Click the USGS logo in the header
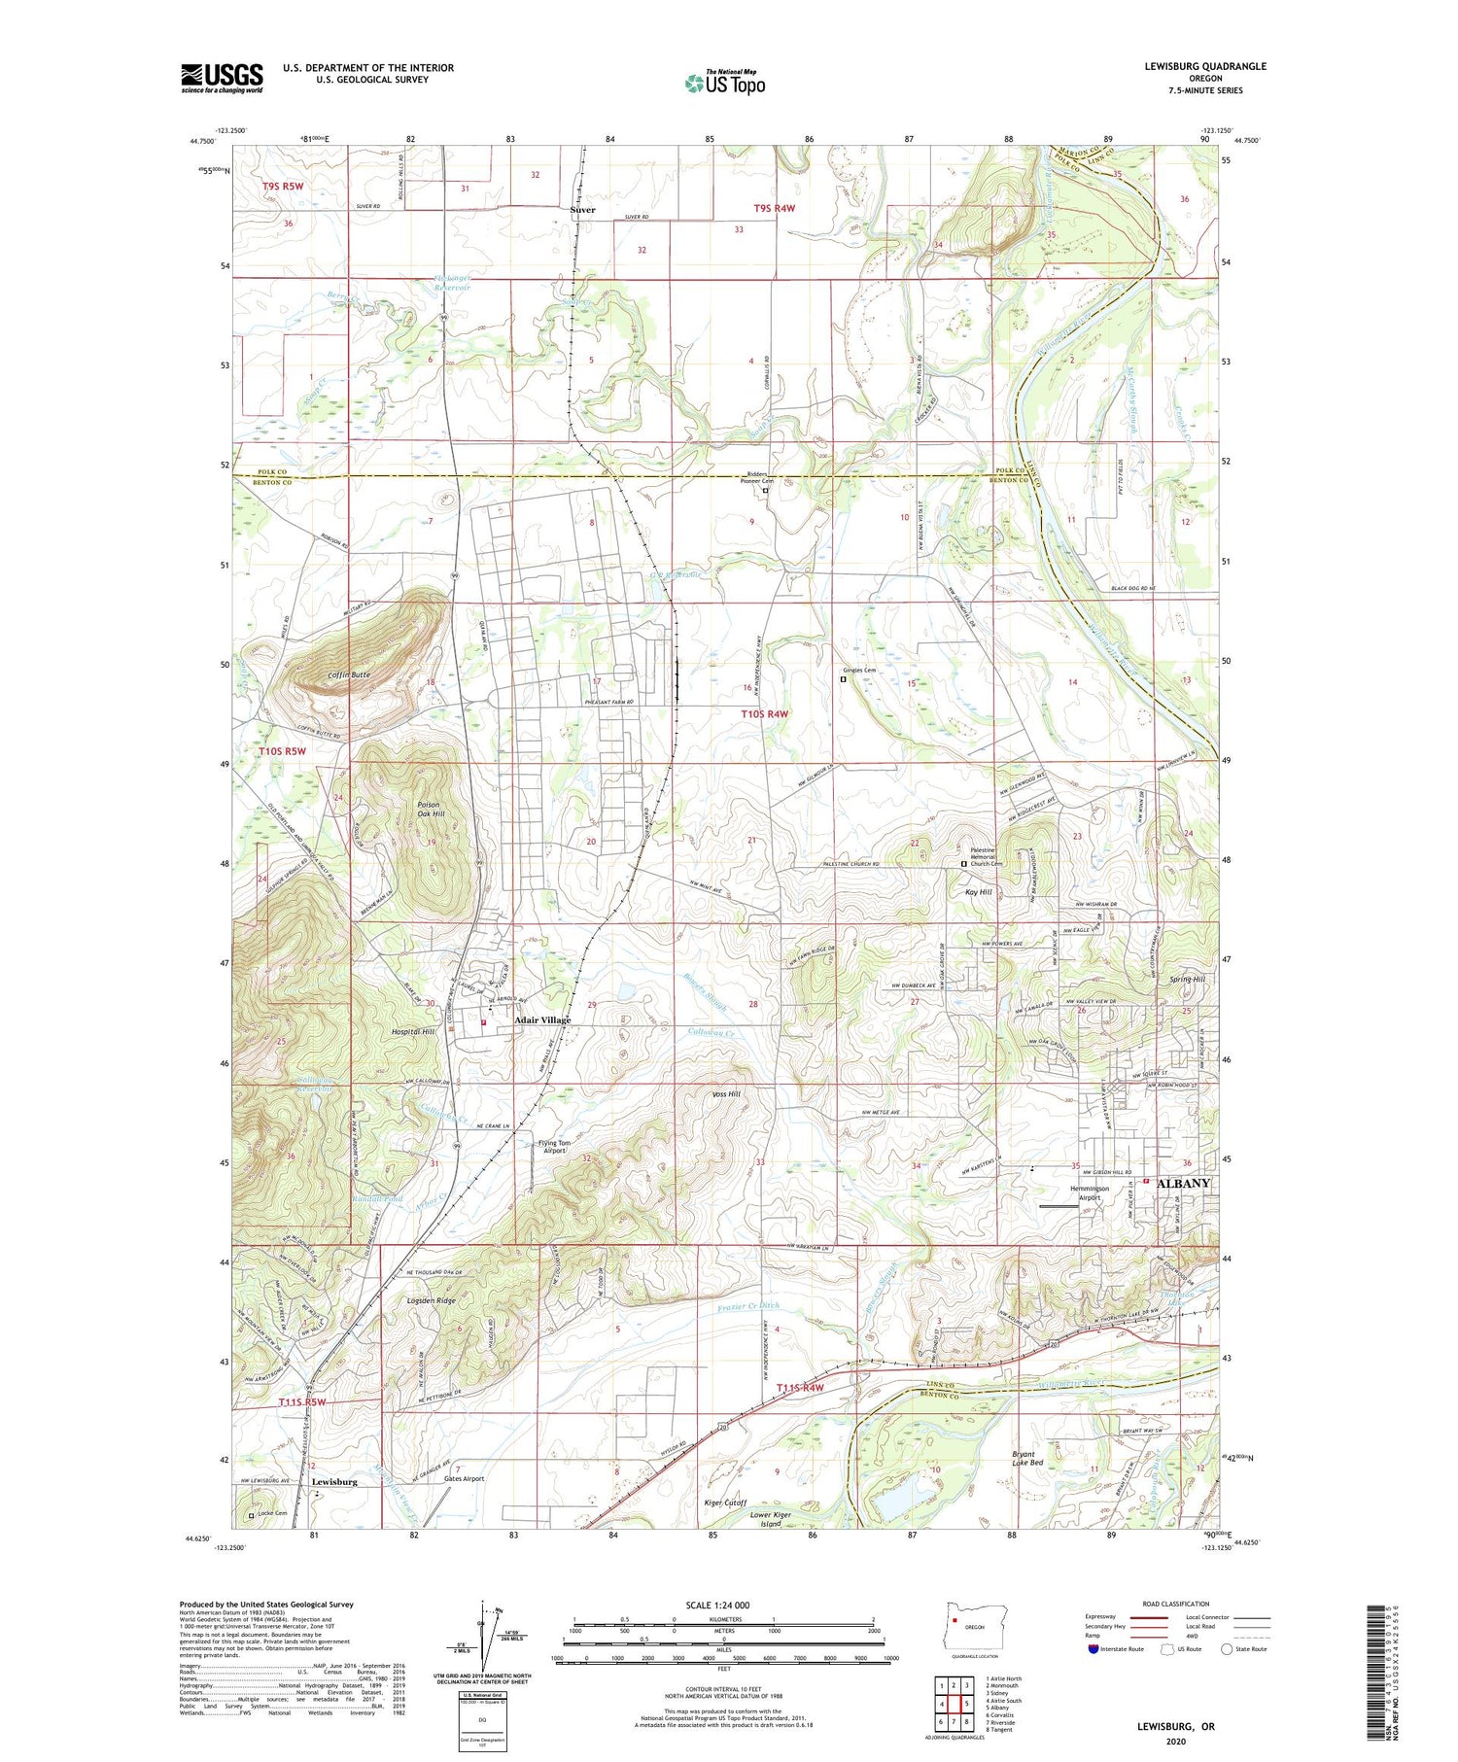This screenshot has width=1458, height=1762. [x=222, y=78]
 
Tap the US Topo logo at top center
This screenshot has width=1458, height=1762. [x=725, y=84]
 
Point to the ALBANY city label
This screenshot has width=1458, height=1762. [x=1181, y=1184]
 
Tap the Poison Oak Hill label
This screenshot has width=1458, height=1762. [x=430, y=809]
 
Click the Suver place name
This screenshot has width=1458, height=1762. [x=582, y=210]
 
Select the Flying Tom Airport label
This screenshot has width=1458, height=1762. [x=554, y=1147]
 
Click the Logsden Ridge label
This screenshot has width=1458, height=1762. [x=432, y=1300]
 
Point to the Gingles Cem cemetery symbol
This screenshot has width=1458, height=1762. [x=844, y=680]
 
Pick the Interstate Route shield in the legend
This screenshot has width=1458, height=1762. [x=1093, y=1649]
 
